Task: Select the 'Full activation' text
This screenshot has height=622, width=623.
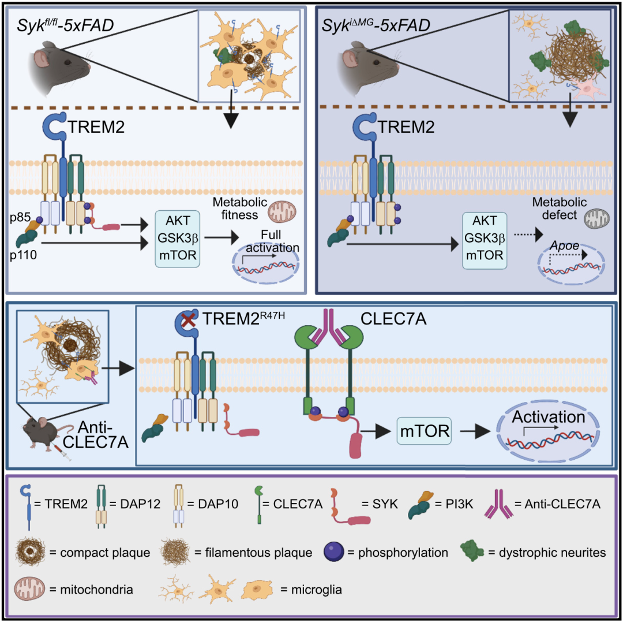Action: pyautogui.click(x=280, y=242)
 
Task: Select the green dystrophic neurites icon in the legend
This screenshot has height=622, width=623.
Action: pyautogui.click(x=472, y=552)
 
